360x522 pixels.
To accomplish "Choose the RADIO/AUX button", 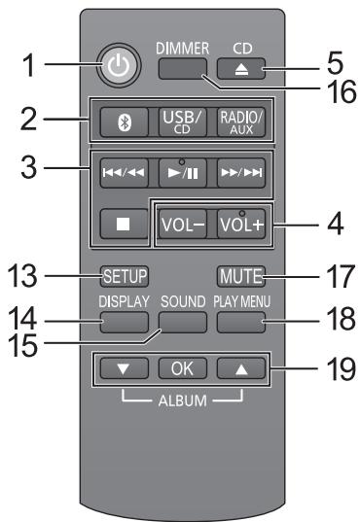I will [236, 125].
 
